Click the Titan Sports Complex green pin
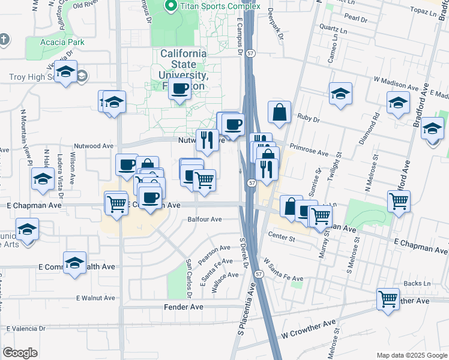(x=170, y=7)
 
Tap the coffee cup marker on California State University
(x=179, y=90)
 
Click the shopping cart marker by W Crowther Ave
(x=388, y=298)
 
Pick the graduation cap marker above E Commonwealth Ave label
(x=75, y=263)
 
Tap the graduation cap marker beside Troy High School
(x=64, y=73)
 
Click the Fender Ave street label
(x=184, y=307)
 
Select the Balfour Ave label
(x=205, y=220)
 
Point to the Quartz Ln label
(x=333, y=29)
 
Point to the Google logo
(x=20, y=353)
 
